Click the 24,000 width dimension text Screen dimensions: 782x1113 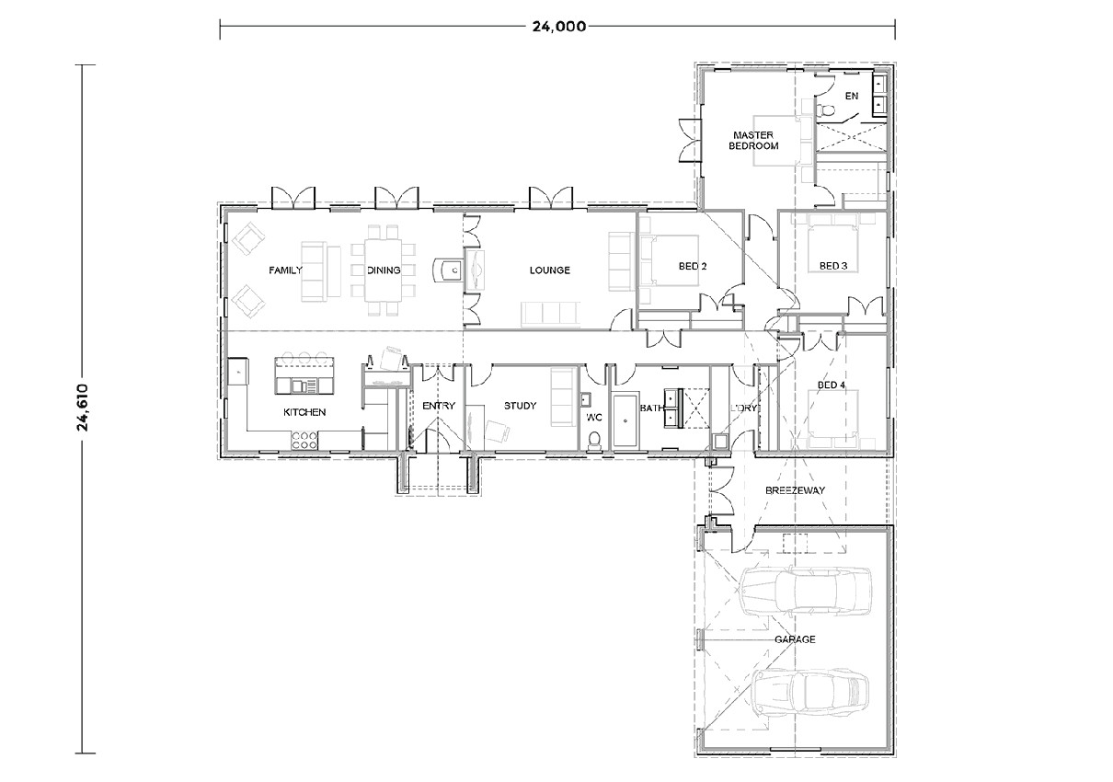[558, 26]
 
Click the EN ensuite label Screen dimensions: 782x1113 [852, 96]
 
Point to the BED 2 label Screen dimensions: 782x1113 [692, 267]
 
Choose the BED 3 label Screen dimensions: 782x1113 [832, 266]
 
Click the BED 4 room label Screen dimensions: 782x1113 [831, 385]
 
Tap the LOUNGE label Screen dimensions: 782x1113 [549, 270]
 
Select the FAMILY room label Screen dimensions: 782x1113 [285, 270]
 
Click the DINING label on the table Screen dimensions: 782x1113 [384, 270]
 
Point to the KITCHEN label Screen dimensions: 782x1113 [304, 412]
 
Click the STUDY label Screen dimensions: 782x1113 [520, 406]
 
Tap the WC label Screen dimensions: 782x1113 [593, 417]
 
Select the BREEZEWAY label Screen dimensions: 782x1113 [795, 490]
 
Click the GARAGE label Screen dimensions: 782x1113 [794, 639]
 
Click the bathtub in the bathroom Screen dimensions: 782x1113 [625, 421]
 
